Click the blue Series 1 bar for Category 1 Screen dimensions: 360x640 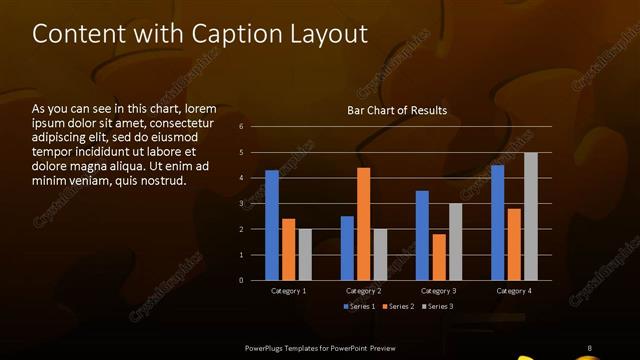click(272, 225)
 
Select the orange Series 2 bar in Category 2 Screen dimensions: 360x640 click(363, 224)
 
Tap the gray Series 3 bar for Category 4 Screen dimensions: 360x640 click(530, 216)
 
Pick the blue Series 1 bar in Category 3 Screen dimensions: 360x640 click(422, 235)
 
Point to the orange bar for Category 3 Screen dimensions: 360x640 click(439, 257)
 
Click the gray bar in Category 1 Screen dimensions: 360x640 click(305, 254)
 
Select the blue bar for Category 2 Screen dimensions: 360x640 click(347, 248)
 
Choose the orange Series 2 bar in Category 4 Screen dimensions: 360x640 click(514, 244)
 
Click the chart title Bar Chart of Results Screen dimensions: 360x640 click(397, 110)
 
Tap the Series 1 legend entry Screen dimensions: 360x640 click(360, 306)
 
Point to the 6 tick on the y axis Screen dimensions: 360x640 click(241, 127)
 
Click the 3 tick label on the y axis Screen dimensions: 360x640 click(241, 204)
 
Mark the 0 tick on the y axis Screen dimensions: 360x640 click(241, 281)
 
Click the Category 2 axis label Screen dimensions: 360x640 click(363, 291)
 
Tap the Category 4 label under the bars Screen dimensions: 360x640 click(514, 291)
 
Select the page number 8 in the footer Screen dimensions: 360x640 click(589, 347)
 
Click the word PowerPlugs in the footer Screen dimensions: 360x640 click(268, 347)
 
